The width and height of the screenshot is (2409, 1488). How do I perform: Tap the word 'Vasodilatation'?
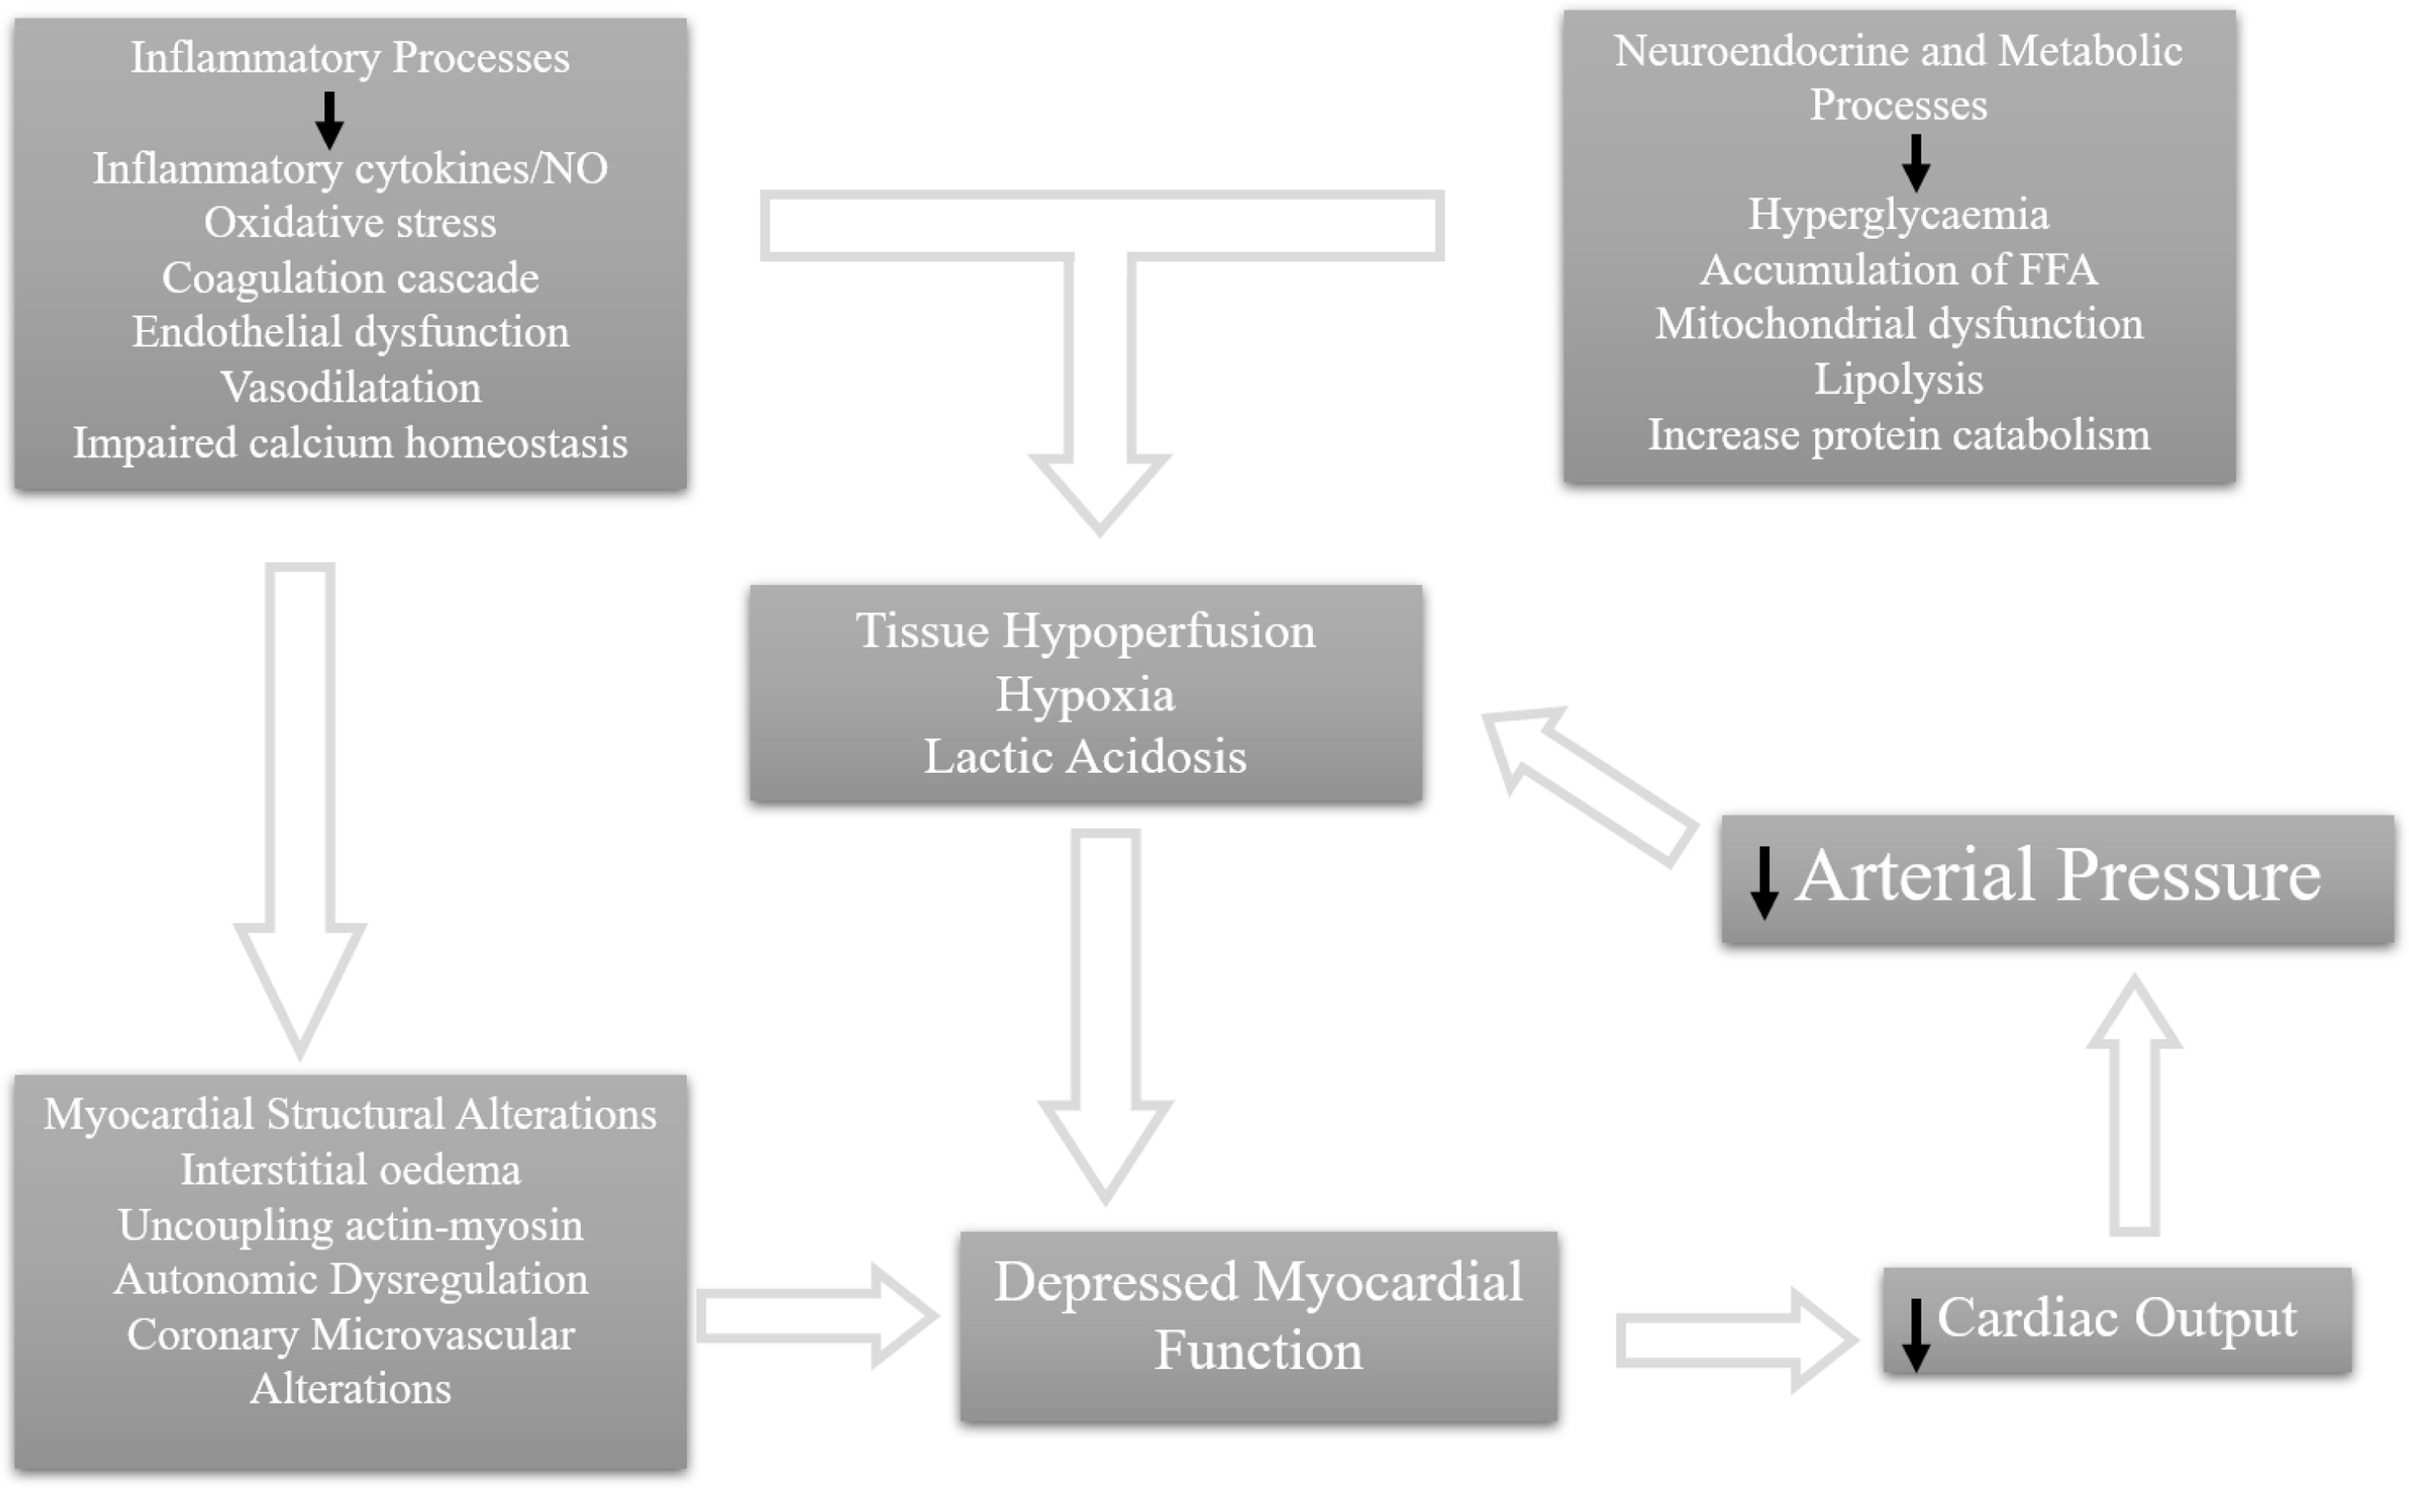tap(351, 386)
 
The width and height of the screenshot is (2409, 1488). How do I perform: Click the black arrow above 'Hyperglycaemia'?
tap(1915, 162)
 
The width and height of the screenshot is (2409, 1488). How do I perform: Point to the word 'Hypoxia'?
tap(1085, 695)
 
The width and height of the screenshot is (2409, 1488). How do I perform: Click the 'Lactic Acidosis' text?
tap(1085, 757)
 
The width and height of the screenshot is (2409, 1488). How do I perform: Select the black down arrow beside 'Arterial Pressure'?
tap(1763, 882)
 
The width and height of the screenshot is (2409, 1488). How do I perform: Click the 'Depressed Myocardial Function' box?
tap(1257, 1324)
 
